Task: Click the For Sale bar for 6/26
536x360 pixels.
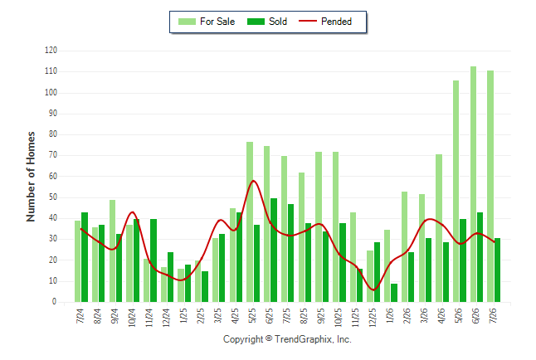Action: [x=473, y=184]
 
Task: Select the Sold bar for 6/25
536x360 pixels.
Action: [x=274, y=251]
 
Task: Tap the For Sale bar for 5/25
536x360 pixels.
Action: [x=250, y=221]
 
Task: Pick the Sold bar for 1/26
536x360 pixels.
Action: [x=394, y=293]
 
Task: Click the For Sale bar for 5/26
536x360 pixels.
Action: [x=456, y=192]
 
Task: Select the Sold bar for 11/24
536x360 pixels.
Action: [x=153, y=260]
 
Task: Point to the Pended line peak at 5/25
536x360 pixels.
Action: [x=253, y=181]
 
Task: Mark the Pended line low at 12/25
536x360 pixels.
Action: [x=373, y=290]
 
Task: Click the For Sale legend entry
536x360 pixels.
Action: [x=207, y=22]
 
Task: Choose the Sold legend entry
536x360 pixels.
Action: [x=267, y=22]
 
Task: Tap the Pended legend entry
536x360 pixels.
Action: [x=325, y=22]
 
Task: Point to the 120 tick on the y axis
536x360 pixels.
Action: [x=51, y=51]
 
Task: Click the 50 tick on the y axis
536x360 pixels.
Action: [x=52, y=197]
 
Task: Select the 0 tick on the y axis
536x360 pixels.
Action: [x=55, y=302]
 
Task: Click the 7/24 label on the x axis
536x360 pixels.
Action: [x=80, y=315]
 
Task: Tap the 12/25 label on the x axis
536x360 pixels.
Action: [x=373, y=318]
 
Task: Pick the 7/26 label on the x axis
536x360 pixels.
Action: [x=493, y=315]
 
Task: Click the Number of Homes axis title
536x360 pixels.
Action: [x=31, y=177]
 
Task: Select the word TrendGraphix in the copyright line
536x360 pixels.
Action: [x=303, y=339]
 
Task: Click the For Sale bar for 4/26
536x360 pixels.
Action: [x=439, y=228]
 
